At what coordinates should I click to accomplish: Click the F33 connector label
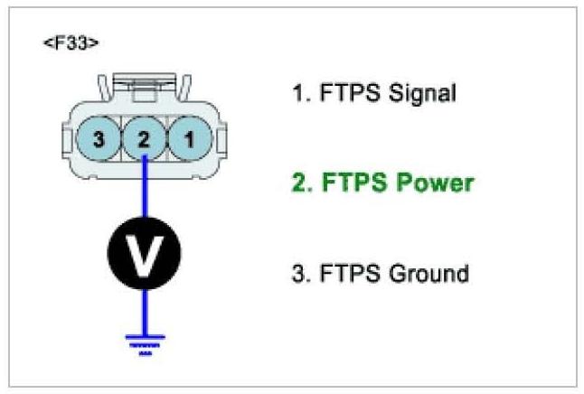(x=71, y=43)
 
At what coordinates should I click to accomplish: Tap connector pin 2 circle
(x=144, y=140)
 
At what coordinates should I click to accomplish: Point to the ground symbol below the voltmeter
(x=144, y=344)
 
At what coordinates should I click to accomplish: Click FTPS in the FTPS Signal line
(x=344, y=92)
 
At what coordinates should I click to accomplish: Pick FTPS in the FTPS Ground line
(x=344, y=272)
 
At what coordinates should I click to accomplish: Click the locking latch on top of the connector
(x=143, y=90)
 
